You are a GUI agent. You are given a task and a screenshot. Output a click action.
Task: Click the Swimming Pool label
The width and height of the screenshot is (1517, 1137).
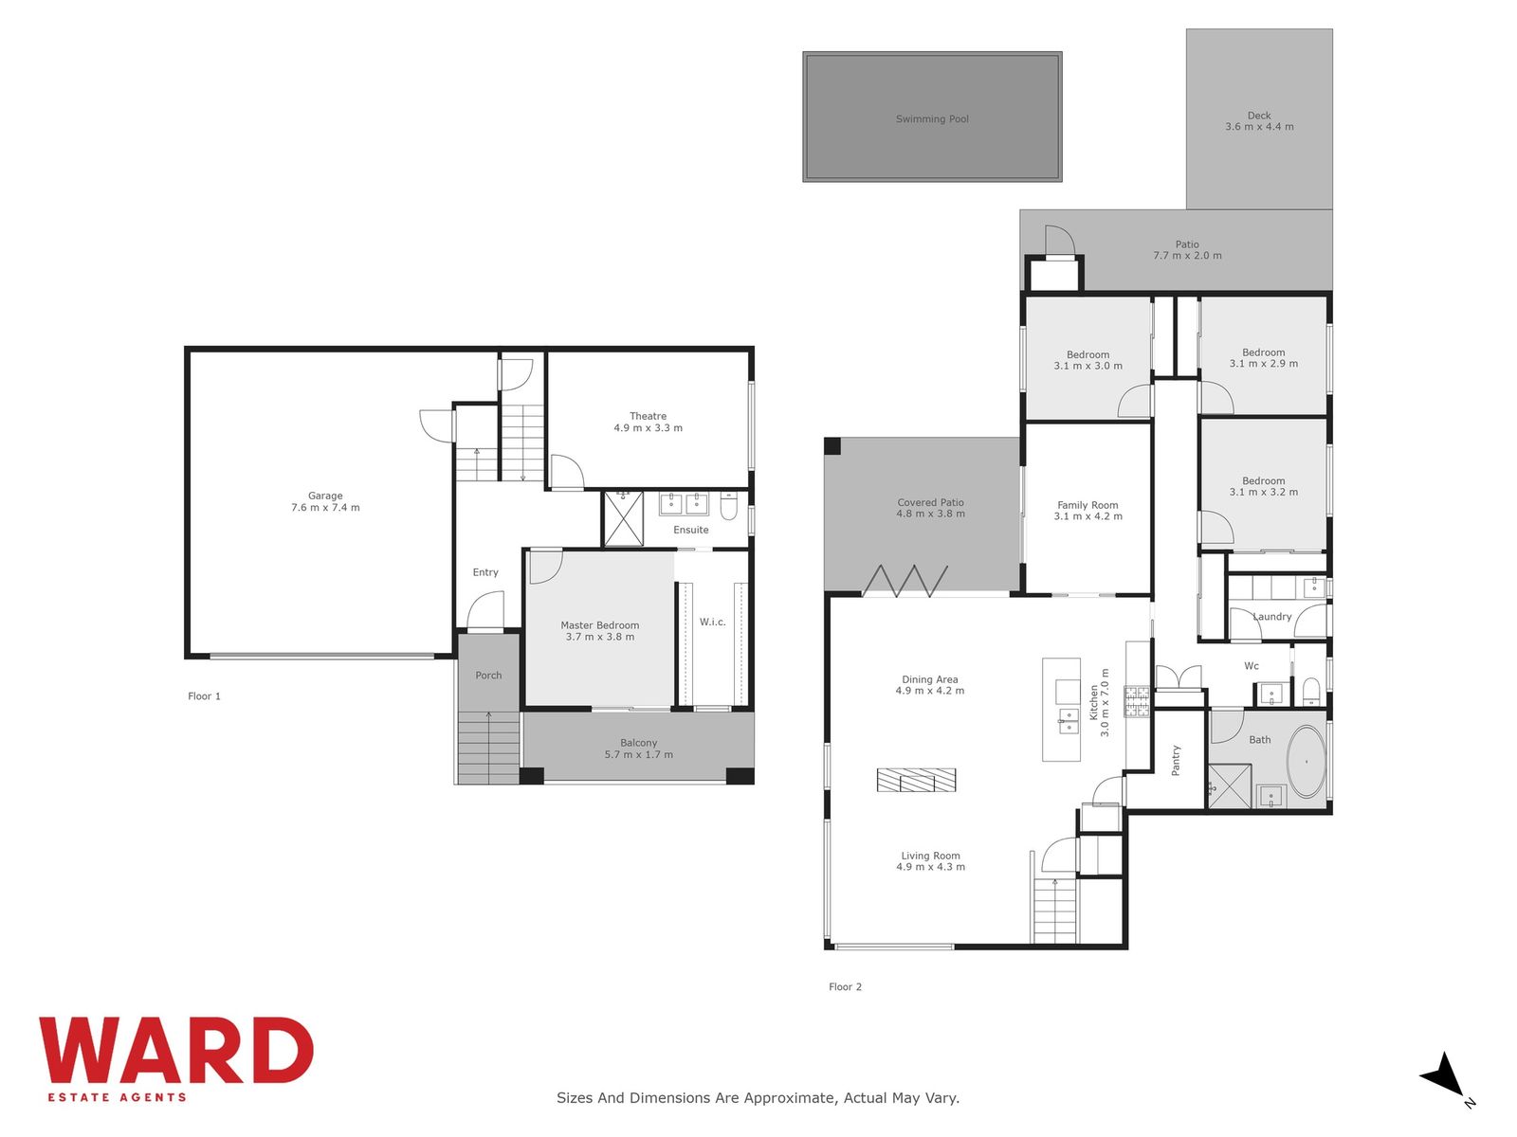pos(932,118)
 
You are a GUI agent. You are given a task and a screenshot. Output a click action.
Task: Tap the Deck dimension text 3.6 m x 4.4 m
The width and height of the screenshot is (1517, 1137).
pos(1259,126)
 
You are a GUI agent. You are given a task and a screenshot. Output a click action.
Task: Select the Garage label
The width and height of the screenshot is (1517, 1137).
pos(325,496)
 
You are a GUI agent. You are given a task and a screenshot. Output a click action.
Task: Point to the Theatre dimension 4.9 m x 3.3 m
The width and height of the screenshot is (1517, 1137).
pos(648,427)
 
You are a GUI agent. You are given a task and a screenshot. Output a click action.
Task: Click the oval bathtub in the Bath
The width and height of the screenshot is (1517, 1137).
pos(1306,762)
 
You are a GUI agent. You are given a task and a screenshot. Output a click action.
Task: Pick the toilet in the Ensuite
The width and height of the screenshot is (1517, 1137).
pos(728,506)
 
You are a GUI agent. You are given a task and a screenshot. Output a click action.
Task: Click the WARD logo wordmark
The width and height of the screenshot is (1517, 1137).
pos(176,1051)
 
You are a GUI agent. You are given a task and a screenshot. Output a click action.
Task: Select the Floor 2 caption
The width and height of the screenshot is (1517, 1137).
pos(845,986)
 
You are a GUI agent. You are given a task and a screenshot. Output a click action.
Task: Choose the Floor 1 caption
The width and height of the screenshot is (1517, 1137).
pos(204,695)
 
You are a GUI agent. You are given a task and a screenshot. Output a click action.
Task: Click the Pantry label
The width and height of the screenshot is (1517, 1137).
pos(1176,761)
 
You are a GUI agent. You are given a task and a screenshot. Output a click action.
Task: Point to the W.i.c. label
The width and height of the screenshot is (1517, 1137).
pos(713,622)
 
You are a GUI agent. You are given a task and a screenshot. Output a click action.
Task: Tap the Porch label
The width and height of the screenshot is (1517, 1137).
pos(488,676)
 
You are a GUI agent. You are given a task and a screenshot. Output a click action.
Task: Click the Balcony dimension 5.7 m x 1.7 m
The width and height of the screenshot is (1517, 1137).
pos(638,754)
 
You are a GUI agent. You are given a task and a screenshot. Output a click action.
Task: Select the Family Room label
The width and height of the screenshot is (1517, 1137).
pos(1087,505)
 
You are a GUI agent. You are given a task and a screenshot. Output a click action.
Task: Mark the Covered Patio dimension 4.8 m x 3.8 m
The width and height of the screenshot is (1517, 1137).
pos(930,514)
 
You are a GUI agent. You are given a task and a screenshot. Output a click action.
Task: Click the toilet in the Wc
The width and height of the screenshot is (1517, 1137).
pos(1311,691)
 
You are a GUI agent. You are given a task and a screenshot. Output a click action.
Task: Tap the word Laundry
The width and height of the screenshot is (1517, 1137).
pos(1271,617)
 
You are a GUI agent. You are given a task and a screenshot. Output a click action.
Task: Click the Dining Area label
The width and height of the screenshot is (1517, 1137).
pos(929,679)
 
